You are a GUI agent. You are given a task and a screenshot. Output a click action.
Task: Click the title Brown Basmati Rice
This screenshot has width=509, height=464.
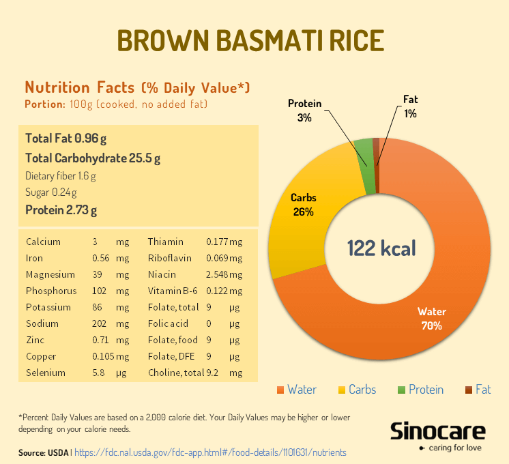(250, 40)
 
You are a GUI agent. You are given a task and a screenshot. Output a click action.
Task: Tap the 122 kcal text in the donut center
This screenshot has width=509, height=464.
(381, 248)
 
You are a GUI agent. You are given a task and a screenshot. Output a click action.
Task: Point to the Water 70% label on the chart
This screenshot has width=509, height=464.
(432, 319)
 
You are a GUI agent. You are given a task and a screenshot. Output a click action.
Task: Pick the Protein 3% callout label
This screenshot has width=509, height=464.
(304, 111)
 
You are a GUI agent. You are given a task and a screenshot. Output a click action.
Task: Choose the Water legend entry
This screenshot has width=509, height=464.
(296, 390)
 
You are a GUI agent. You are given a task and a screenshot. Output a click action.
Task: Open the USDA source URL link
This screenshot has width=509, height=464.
(209, 452)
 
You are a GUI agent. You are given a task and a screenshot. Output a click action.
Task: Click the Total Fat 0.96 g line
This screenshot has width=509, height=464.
(66, 139)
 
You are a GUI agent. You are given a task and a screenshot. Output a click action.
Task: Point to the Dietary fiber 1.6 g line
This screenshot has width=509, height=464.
(61, 175)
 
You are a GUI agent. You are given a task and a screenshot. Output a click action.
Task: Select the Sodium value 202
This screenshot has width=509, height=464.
(100, 323)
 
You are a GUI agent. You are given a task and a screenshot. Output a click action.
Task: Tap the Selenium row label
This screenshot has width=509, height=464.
(46, 373)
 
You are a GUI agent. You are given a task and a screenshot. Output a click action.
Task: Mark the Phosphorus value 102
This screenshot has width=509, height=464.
(100, 291)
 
